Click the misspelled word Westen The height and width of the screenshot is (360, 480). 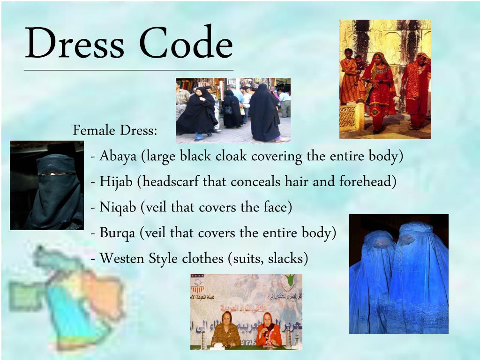click(x=122, y=258)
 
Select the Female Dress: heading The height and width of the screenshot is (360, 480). click(x=115, y=130)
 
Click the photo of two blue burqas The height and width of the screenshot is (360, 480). click(x=398, y=274)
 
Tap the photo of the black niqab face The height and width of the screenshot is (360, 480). click(x=47, y=186)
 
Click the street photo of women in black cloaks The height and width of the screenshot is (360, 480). click(x=233, y=110)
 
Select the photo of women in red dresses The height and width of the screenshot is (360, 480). click(x=385, y=79)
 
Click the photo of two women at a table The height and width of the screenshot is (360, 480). click(x=246, y=312)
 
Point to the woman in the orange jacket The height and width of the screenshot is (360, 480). click(x=269, y=330)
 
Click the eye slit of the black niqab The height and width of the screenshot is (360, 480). click(x=52, y=173)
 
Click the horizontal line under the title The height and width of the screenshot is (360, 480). click(x=128, y=70)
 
